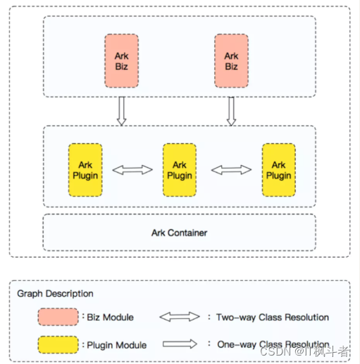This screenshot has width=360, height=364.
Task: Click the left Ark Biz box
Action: [121, 61]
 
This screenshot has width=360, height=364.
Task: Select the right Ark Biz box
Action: [231, 61]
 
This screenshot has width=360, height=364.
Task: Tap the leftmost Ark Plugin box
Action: [85, 170]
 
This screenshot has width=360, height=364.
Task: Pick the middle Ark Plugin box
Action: [180, 170]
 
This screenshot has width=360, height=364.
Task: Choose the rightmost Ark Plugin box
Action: [279, 170]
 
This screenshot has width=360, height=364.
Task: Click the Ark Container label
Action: [179, 233]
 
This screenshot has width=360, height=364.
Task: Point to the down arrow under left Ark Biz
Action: [121, 111]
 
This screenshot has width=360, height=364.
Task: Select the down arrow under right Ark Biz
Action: [231, 111]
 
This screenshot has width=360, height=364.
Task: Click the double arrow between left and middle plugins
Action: [132, 170]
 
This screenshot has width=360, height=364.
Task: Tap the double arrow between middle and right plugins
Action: [231, 170]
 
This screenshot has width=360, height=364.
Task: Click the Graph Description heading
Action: [55, 293]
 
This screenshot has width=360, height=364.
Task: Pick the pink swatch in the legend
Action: [58, 317]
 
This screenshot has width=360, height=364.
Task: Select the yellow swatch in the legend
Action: [58, 345]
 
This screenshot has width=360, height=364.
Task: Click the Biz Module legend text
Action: [110, 317]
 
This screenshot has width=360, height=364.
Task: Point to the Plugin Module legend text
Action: [117, 345]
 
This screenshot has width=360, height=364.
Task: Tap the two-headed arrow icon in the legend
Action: [180, 317]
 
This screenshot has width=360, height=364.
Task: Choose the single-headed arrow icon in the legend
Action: [180, 344]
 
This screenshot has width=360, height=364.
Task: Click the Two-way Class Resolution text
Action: [273, 317]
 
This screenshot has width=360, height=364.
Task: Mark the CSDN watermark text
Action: [304, 351]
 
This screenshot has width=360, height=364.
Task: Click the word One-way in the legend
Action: [237, 344]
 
